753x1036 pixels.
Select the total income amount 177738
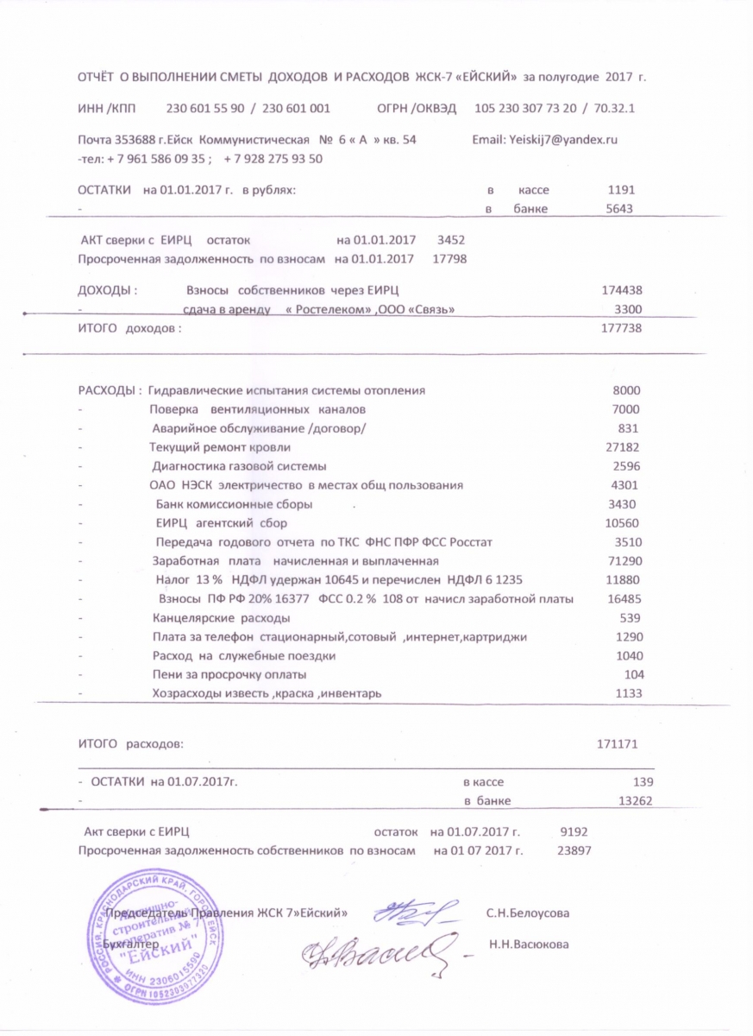[621, 328]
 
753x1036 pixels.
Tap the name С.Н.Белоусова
[527, 912]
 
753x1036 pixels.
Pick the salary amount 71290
[624, 561]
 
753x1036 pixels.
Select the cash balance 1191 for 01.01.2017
[621, 190]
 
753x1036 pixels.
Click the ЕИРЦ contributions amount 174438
[621, 290]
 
